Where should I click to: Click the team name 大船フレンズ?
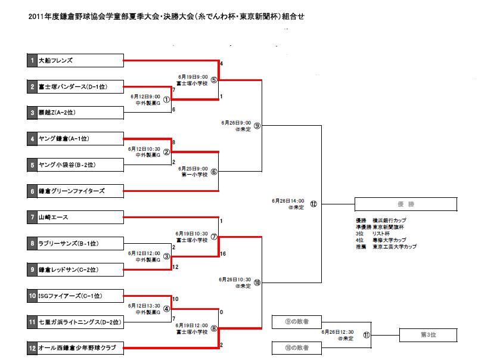tap(55, 61)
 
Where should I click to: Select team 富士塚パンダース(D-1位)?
tap(73, 87)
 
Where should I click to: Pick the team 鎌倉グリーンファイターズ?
tap(72, 191)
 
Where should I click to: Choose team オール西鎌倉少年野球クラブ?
tap(76, 347)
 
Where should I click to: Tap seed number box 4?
tap(32, 139)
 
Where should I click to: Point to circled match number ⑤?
tap(214, 80)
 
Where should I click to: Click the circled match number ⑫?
tap(313, 204)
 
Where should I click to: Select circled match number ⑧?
tap(214, 328)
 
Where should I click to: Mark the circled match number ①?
tap(166, 100)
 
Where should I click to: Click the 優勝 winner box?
tap(406, 204)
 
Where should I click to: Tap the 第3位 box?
tap(428, 335)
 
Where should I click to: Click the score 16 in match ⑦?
tap(222, 254)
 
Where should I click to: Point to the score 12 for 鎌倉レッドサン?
tap(175, 267)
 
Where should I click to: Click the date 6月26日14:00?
tap(288, 201)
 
